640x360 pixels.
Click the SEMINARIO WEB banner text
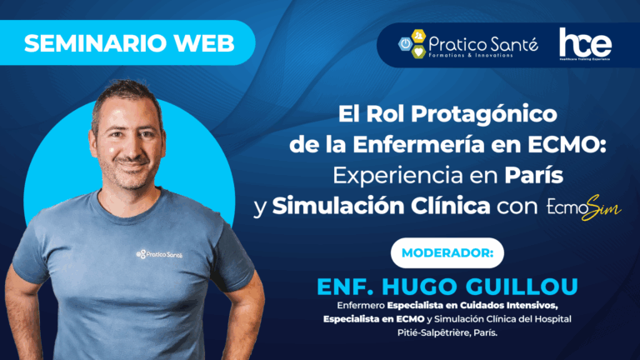129,43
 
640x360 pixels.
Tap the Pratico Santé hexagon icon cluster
412,43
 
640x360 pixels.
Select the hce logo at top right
585,43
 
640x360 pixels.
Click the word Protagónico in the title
483,114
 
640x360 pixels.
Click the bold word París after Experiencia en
534,175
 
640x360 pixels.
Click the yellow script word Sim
602,207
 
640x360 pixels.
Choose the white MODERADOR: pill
447,253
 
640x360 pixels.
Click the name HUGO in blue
420,287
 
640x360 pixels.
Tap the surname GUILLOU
522,287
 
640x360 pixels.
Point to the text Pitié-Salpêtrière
434,332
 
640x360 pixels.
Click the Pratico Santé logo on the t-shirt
159,254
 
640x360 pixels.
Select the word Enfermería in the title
418,144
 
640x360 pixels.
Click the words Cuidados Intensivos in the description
508,305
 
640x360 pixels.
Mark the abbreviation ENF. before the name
346,287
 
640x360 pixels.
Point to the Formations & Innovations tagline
471,55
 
